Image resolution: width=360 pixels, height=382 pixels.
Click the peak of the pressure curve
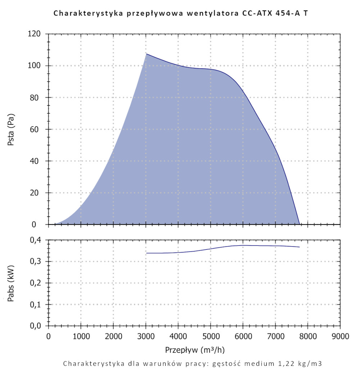(146, 54)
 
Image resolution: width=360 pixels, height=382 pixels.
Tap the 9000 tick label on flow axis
(340, 336)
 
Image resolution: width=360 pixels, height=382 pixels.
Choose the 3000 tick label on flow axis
(146, 336)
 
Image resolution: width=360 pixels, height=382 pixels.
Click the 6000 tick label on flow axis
(243, 336)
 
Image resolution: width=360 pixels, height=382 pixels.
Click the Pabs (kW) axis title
(11, 283)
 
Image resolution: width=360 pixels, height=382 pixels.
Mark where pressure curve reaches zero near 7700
(299, 224)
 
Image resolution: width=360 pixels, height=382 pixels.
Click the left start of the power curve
(147, 253)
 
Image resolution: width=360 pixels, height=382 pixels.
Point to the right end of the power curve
(300, 247)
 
